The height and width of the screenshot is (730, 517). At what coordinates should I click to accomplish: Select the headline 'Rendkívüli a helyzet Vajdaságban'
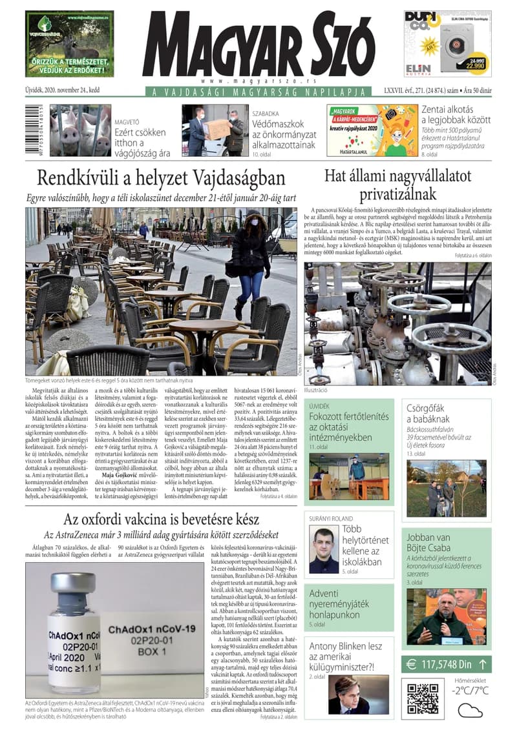pyautogui.click(x=161, y=177)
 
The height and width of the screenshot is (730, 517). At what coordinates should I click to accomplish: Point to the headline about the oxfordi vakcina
pyautogui.click(x=153, y=519)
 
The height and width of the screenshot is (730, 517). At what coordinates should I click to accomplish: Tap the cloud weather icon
pyautogui.click(x=470, y=710)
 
